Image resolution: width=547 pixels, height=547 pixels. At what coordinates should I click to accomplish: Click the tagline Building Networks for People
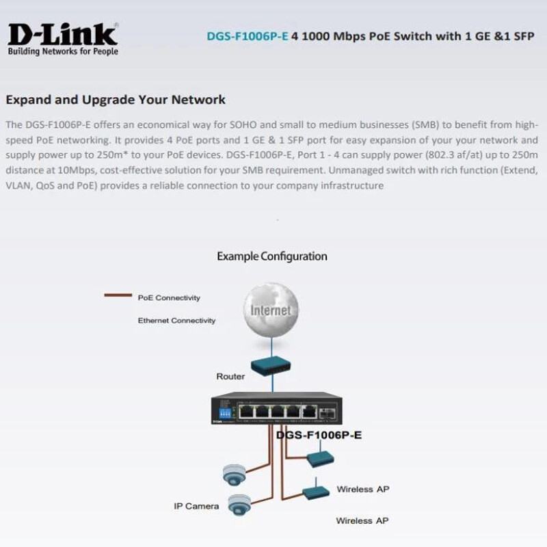[63, 51]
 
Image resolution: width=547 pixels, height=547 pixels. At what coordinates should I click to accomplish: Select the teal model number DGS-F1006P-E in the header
[247, 36]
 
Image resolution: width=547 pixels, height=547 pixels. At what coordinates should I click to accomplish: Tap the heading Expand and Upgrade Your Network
[116, 100]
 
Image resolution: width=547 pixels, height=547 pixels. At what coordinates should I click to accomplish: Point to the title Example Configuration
[272, 256]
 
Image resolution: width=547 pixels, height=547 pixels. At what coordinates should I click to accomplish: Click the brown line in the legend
[117, 296]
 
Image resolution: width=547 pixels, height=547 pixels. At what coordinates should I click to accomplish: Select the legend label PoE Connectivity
[169, 298]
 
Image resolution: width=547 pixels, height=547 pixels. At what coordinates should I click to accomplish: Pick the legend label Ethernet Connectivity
[176, 321]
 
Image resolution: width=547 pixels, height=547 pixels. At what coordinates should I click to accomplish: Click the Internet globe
[271, 310]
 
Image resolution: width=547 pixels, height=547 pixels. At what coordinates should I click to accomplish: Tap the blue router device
[271, 366]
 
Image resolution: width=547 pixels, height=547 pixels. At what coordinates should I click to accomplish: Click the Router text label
[230, 377]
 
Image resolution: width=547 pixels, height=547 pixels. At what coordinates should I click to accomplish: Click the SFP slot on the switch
[328, 412]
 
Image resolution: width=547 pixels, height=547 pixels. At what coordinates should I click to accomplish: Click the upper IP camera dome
[233, 472]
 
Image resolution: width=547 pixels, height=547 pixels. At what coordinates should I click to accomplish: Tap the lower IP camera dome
[237, 505]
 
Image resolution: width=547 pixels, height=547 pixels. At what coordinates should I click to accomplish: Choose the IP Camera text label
[196, 507]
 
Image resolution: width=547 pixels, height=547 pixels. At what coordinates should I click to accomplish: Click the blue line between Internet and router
[271, 345]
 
